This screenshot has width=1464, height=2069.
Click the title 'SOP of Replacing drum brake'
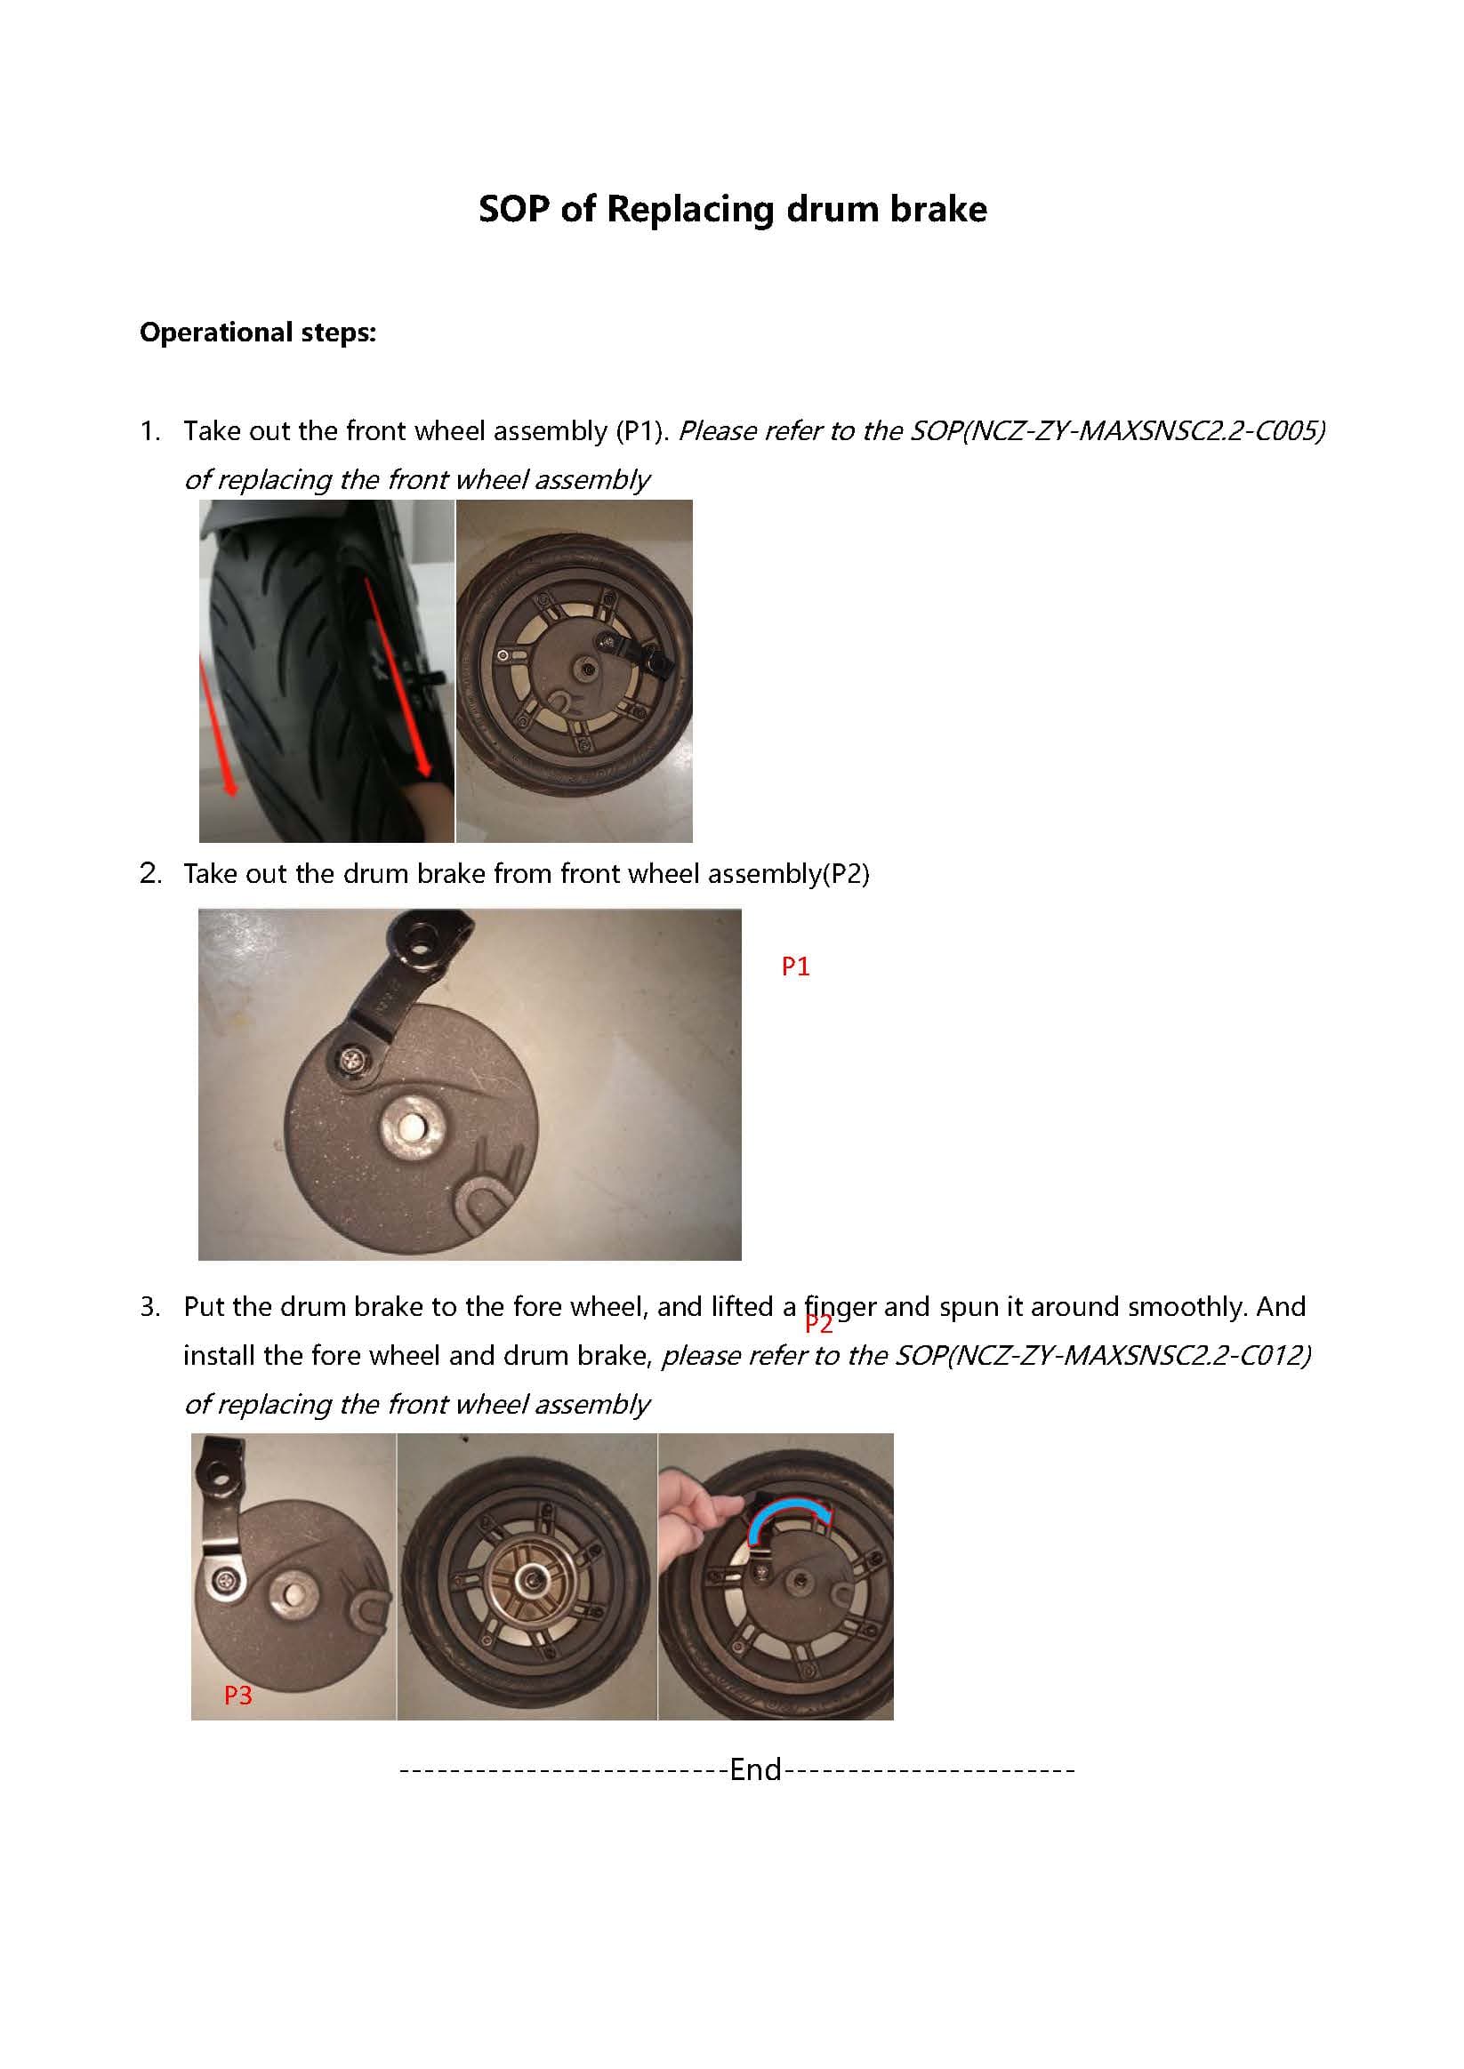732,209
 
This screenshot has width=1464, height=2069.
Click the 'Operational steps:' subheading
258,333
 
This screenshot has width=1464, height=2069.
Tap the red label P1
795,966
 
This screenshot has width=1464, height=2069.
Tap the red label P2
818,1324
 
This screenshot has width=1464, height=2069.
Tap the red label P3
238,1696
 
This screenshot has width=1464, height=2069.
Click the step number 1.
149,431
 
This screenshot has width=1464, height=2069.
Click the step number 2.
149,873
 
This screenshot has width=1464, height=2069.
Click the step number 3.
149,1307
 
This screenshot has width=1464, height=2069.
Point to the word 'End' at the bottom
755,1770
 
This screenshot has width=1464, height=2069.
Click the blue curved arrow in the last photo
786,1514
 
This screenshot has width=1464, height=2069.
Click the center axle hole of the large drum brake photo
411,1126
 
